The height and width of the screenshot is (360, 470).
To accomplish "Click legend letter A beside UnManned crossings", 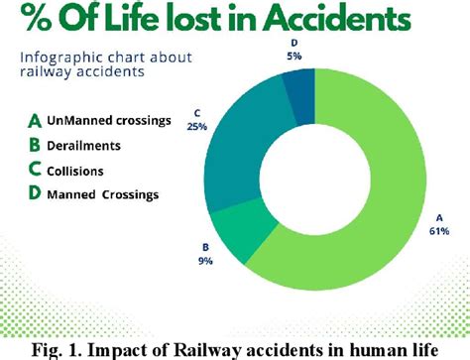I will [x=34, y=122].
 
